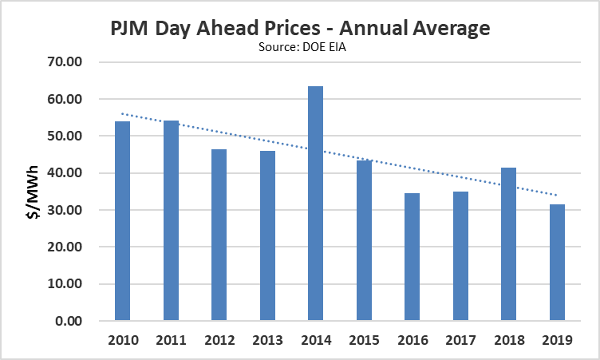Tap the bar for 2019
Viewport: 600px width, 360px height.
pos(556,263)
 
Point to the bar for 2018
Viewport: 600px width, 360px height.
pos(508,244)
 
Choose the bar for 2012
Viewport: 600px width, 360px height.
pos(219,235)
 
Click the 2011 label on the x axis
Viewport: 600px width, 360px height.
pos(171,339)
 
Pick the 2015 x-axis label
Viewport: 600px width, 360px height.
pos(364,339)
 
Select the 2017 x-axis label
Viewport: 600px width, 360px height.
pos(460,339)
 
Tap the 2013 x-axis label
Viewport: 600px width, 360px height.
pos(267,339)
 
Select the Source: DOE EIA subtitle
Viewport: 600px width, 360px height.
pos(300,48)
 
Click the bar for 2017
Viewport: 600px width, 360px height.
pos(460,256)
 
